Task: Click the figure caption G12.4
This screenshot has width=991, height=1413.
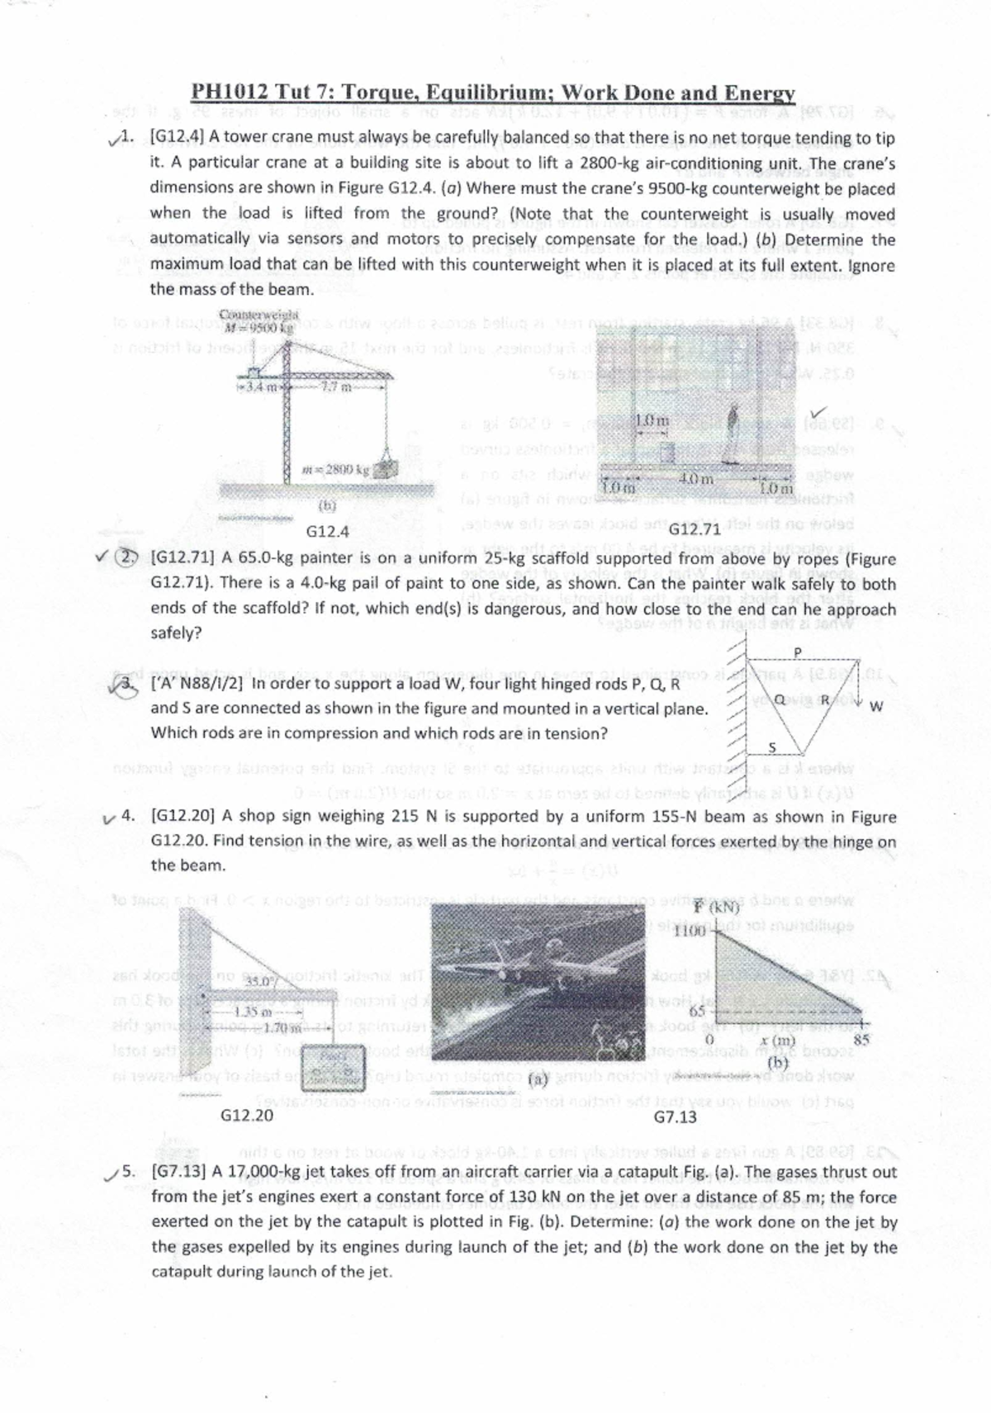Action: click(327, 532)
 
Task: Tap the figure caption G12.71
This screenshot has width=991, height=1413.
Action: click(694, 529)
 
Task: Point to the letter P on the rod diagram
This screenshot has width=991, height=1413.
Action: click(798, 652)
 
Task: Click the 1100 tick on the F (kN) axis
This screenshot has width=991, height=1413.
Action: click(688, 932)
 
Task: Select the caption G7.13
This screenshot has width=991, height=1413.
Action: click(675, 1117)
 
